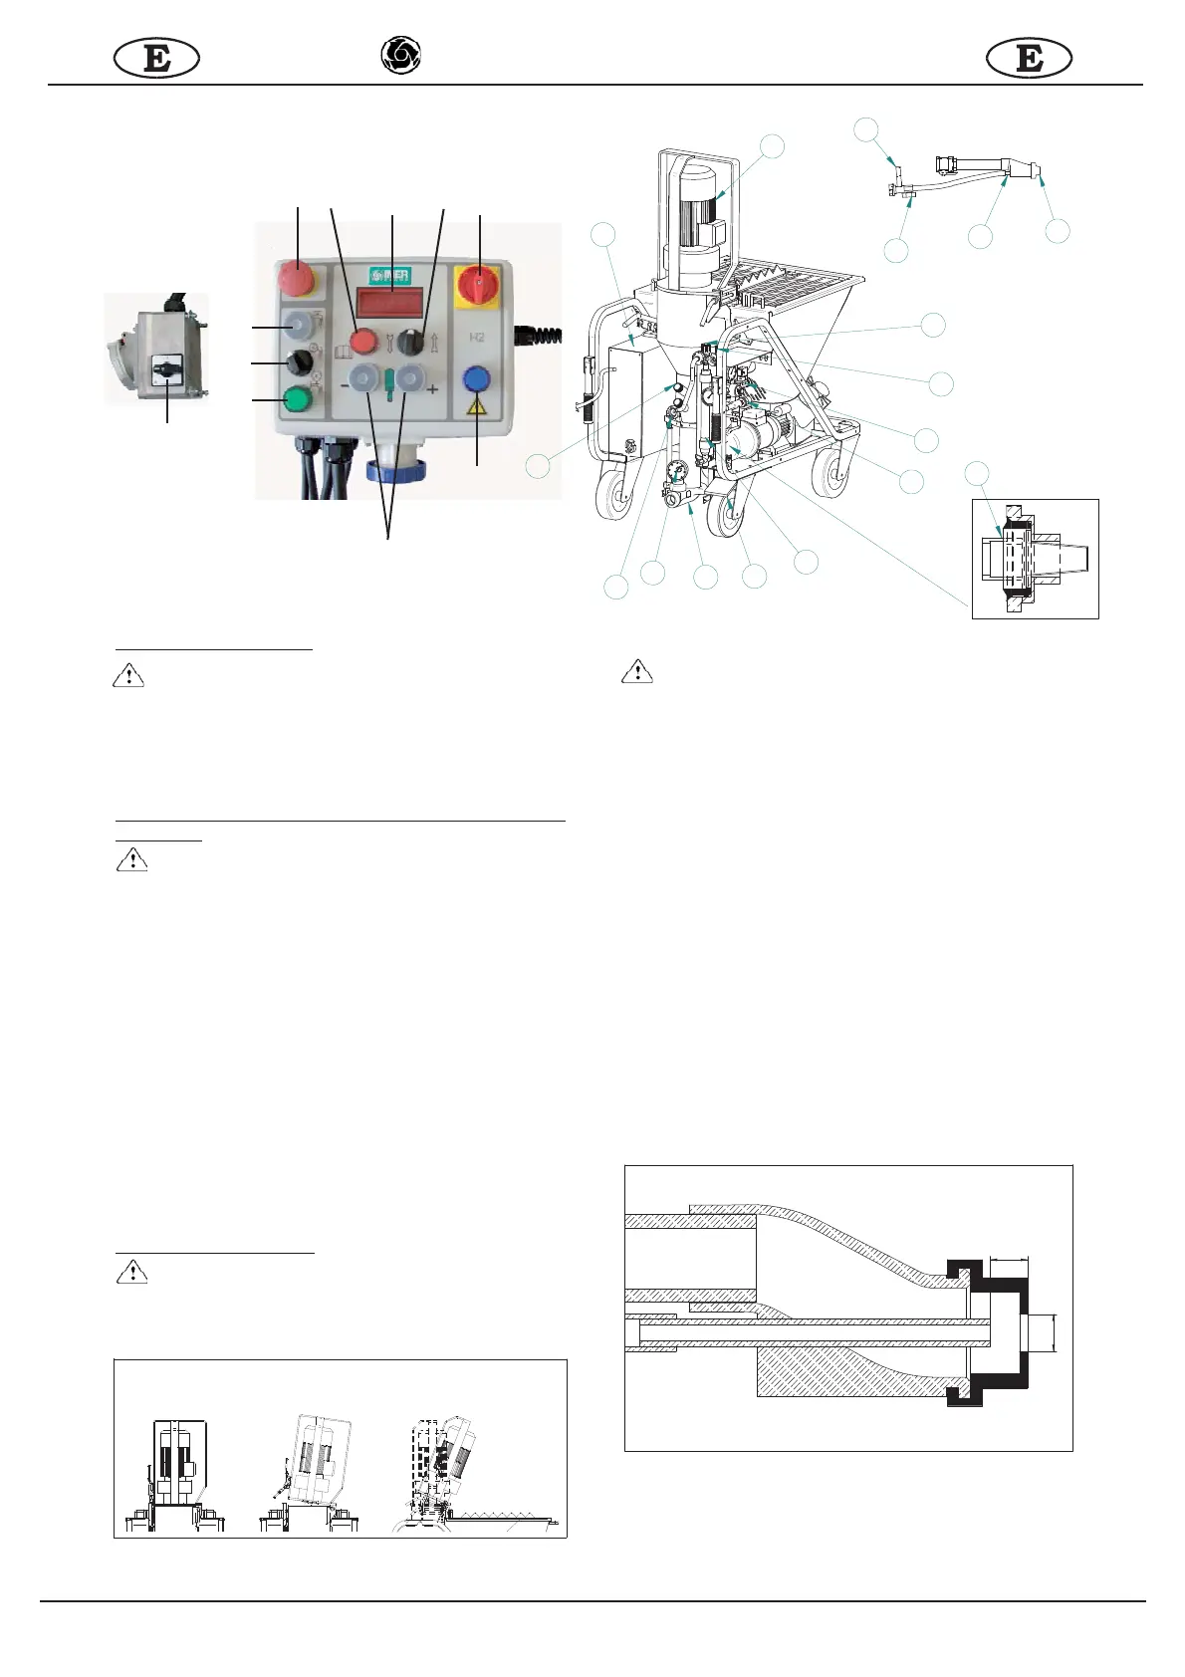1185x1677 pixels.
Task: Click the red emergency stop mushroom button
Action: [297, 279]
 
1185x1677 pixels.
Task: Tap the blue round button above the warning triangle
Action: [477, 379]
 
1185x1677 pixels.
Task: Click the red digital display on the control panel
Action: [391, 302]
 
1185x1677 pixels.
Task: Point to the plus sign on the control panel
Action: [432, 389]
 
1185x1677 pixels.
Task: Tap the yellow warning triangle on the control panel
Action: [477, 406]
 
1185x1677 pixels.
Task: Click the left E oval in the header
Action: [156, 59]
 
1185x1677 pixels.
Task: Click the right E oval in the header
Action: [1029, 59]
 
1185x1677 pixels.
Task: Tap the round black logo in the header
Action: [401, 56]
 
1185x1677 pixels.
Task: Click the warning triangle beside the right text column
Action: [637, 672]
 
